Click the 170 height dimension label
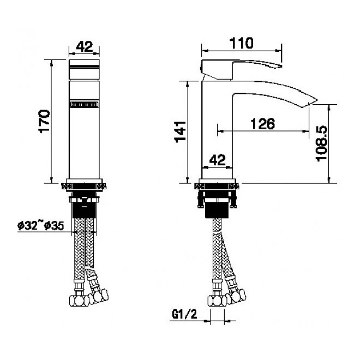click(x=44, y=122)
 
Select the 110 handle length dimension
click(x=241, y=43)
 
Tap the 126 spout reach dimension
click(x=263, y=123)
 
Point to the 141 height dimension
click(x=180, y=132)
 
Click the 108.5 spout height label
click(x=322, y=143)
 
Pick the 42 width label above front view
click(x=84, y=46)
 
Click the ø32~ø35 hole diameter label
click(x=41, y=225)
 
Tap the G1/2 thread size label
click(x=184, y=314)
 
